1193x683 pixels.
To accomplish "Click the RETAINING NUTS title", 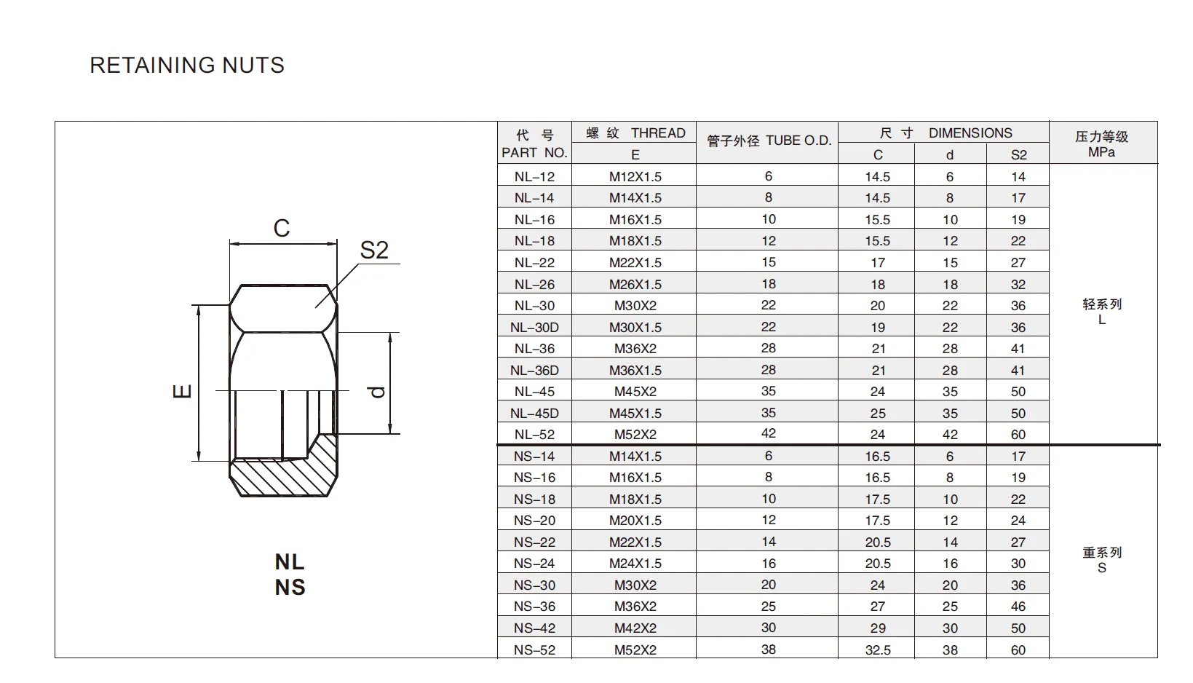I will tap(187, 66).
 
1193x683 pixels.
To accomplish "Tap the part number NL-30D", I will tap(534, 328).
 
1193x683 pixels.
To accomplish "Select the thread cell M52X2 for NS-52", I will tap(635, 650).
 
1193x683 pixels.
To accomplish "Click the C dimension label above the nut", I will tap(282, 229).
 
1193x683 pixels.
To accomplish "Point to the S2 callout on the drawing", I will tap(374, 250).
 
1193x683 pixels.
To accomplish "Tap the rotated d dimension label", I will tap(376, 392).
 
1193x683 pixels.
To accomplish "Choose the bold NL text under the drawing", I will tap(290, 562).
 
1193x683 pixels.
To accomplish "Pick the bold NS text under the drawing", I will tap(290, 588).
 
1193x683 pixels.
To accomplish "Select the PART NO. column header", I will tap(534, 153).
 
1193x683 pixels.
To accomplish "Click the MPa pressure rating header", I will tap(1101, 152).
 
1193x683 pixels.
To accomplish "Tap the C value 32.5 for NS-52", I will tap(878, 650).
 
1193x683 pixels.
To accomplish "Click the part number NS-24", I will tap(534, 564).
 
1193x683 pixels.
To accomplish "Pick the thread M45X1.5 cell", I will tap(635, 414).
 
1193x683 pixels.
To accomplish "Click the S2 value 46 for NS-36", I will tap(1018, 607).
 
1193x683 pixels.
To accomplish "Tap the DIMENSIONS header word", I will tap(970, 133).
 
